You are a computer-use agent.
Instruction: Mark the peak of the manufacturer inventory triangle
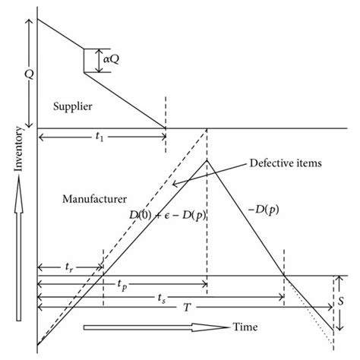coord(207,159)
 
